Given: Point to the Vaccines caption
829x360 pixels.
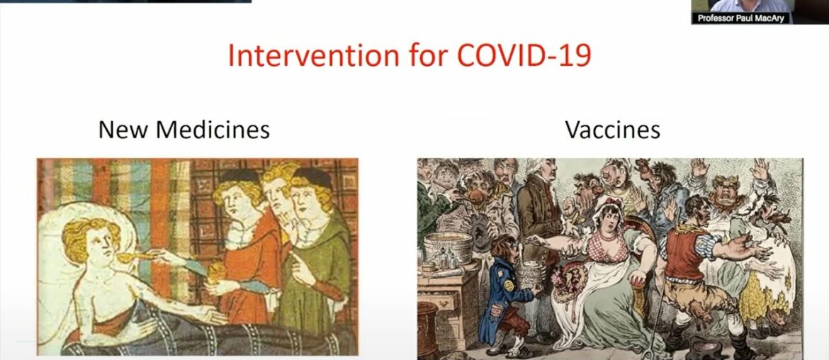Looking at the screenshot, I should pyautogui.click(x=612, y=130).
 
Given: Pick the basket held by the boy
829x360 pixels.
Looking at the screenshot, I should pyautogui.click(x=530, y=272).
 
